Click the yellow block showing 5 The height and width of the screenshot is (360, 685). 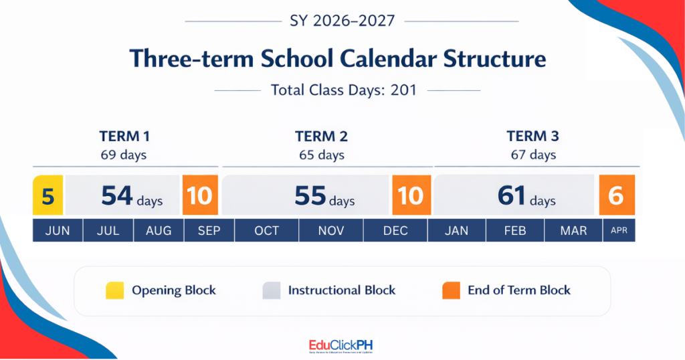click(x=48, y=195)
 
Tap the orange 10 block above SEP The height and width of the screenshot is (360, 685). click(x=199, y=195)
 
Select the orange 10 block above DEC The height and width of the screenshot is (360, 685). click(x=411, y=195)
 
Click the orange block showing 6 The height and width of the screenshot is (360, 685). click(x=616, y=195)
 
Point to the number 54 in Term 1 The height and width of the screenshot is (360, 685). click(x=117, y=195)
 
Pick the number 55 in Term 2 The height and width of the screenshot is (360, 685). click(x=310, y=195)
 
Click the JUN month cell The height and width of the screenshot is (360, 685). click(x=58, y=231)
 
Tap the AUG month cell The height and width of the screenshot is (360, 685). click(x=159, y=231)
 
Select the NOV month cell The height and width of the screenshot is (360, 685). click(x=330, y=231)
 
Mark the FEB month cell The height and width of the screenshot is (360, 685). click(x=516, y=231)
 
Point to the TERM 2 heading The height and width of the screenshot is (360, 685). click(x=321, y=137)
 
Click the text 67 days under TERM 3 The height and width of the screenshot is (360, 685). click(x=533, y=155)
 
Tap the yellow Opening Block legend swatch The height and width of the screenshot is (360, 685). click(x=114, y=290)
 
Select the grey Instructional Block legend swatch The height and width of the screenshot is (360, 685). click(x=272, y=290)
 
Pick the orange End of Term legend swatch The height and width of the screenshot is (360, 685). click(x=451, y=290)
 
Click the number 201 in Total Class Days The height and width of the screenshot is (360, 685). click(x=403, y=90)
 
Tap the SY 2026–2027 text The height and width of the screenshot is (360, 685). click(x=342, y=21)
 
